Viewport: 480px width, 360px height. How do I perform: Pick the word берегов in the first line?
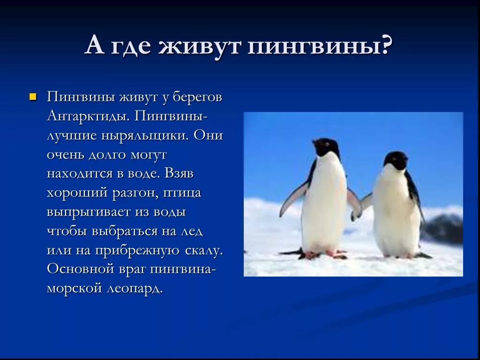(197, 97)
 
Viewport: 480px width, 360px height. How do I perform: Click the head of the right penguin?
(397, 160)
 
